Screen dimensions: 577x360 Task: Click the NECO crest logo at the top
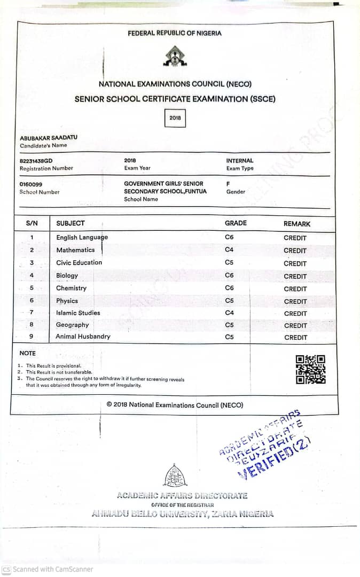[x=175, y=56]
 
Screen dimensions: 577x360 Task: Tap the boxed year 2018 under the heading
[x=175, y=118]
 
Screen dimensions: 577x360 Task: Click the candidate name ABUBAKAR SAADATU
[x=49, y=137]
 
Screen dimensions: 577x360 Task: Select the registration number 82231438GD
[x=36, y=160]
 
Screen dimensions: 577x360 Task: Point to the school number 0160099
[x=31, y=184]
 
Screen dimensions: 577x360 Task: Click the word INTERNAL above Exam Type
[x=240, y=160]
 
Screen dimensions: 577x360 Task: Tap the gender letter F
[x=228, y=183]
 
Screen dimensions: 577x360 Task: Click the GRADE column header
[x=236, y=223]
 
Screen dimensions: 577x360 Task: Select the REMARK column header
[x=296, y=224]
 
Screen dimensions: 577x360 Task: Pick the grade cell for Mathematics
[x=230, y=249]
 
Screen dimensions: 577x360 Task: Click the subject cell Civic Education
[x=79, y=262]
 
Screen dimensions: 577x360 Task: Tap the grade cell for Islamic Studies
[x=230, y=313]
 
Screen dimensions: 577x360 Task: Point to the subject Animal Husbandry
[x=83, y=337]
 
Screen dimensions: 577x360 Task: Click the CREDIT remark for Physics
[x=295, y=301]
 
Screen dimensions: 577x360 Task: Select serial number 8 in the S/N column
[x=32, y=324]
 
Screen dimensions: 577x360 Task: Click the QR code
[x=310, y=369]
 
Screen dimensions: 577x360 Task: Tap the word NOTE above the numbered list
[x=28, y=353]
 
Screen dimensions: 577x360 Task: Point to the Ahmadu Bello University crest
[x=175, y=475]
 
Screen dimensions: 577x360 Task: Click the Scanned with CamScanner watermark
[x=48, y=570]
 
